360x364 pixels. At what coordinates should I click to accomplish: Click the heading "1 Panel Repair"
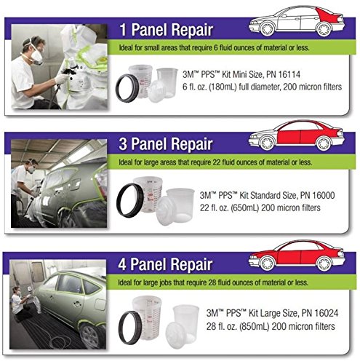pyautogui.click(x=167, y=30)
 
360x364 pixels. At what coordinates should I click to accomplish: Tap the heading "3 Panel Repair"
pyautogui.click(x=166, y=143)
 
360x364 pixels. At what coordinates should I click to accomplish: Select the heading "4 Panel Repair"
pyautogui.click(x=165, y=264)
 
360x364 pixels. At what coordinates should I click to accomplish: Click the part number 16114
pyautogui.click(x=289, y=74)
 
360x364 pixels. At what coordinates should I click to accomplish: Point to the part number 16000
pyautogui.click(x=324, y=195)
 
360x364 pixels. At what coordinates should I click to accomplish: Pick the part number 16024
pyautogui.click(x=327, y=313)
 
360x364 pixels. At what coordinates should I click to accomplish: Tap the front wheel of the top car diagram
pyautogui.click(x=268, y=28)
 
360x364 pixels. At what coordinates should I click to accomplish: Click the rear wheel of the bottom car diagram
pyautogui.click(x=324, y=264)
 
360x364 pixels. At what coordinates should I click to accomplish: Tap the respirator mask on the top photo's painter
pyautogui.click(x=37, y=57)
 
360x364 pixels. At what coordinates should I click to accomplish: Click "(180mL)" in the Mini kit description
pyautogui.click(x=223, y=87)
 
